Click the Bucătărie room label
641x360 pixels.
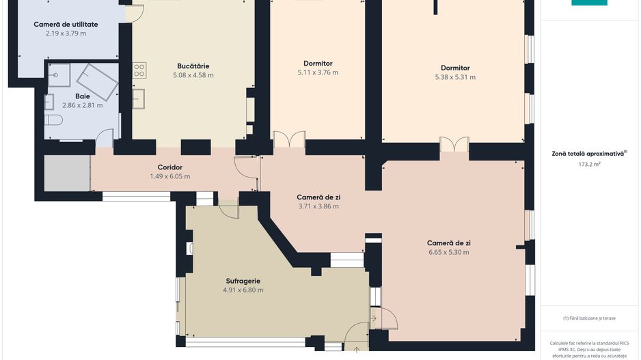pos(193,66)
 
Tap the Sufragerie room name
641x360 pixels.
pos(243,281)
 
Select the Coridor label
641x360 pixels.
pos(170,167)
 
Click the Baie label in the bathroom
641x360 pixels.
pos(83,96)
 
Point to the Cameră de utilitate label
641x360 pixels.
pos(66,25)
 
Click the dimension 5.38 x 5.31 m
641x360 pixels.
pos(455,77)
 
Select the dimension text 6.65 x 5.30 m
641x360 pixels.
pos(449,252)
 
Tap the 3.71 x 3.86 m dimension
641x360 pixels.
pos(318,206)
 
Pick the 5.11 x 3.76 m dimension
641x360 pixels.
pos(318,72)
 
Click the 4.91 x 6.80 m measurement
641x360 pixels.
pos(243,290)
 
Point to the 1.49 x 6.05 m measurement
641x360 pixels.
pos(170,176)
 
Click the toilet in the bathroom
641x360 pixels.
pos(53,120)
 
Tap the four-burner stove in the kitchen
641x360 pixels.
pos(139,70)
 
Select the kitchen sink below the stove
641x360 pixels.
pos(138,99)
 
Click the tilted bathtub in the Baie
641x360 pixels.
pos(97,82)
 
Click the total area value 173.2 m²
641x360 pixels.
pos(589,164)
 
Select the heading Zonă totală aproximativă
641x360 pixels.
pos(588,154)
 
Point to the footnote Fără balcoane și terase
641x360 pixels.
pos(589,318)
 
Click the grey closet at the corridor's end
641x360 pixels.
pos(67,172)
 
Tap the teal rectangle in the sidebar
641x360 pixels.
pos(589,3)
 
